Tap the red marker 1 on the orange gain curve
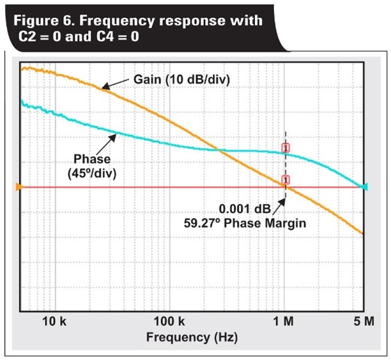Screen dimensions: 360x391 [286, 180]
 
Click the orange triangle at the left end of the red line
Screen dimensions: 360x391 [19, 187]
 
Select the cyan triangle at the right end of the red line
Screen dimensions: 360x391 [365, 187]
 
